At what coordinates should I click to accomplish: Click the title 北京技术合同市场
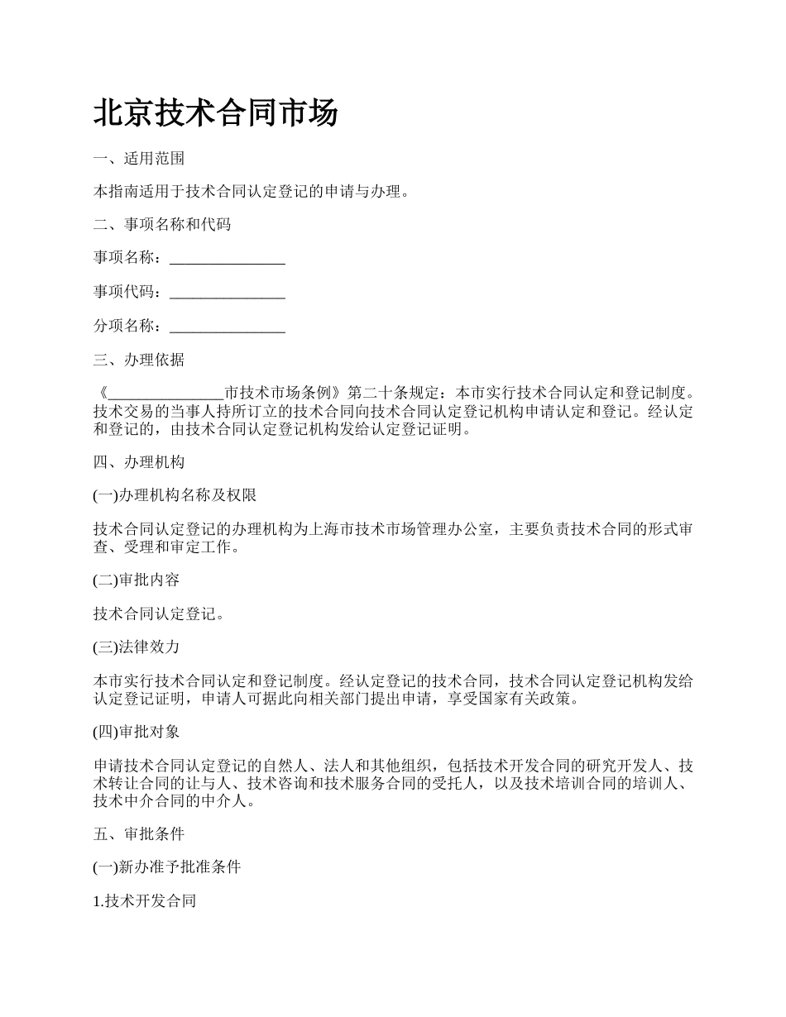click(215, 113)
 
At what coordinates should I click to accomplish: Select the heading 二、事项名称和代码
click(161, 224)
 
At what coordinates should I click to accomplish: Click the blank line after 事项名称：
click(228, 259)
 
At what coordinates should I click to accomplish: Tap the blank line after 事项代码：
click(228, 292)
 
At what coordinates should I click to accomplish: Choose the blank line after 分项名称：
click(228, 327)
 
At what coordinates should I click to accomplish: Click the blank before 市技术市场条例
click(165, 393)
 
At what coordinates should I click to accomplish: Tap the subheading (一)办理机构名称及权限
click(175, 495)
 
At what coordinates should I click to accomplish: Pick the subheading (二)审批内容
click(136, 580)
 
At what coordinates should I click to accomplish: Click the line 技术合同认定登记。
click(159, 614)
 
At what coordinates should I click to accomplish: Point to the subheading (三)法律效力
click(136, 647)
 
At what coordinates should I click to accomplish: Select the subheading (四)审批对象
click(136, 732)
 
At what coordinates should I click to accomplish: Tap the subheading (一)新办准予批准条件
click(167, 867)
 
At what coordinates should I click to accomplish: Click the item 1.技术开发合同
click(144, 901)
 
